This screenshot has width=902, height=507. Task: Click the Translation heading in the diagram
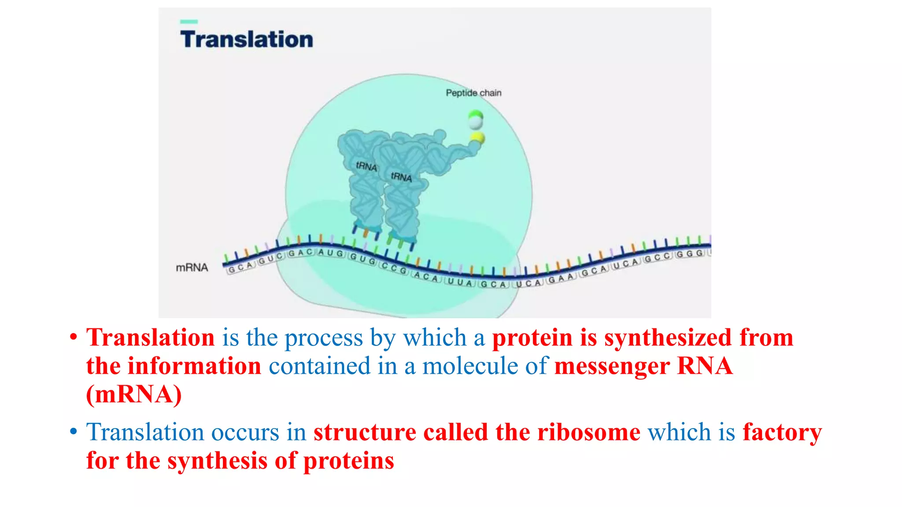[x=247, y=39]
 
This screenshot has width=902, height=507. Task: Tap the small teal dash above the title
[x=189, y=22]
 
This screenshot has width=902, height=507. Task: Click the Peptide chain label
[x=473, y=93]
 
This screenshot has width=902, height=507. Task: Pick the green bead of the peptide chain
[x=476, y=115]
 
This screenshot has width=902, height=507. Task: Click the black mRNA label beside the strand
[x=192, y=268]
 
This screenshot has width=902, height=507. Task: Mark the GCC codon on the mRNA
[x=657, y=258]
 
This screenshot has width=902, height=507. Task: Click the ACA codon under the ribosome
[x=426, y=277]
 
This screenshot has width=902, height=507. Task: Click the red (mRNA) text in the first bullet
[x=134, y=394]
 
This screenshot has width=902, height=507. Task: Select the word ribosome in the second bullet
[x=589, y=432]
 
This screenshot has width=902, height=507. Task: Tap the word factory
[x=782, y=432]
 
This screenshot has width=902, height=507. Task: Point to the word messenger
[x=612, y=366]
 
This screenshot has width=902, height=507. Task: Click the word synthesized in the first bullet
[x=668, y=338]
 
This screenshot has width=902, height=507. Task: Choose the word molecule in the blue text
[x=470, y=366]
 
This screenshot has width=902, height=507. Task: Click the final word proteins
[x=348, y=461]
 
